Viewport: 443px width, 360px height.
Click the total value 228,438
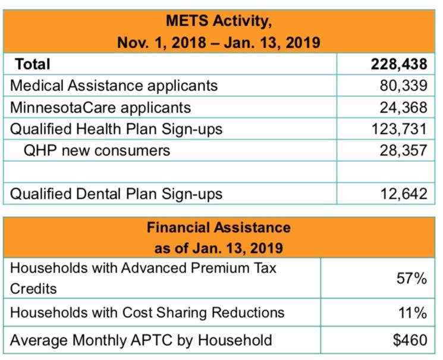coord(398,64)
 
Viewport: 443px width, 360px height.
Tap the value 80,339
coord(403,86)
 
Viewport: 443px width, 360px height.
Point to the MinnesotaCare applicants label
coord(101,107)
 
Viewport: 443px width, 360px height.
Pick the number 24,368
coord(403,107)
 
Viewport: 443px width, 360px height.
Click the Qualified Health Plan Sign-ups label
coord(117,129)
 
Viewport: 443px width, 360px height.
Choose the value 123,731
coord(398,129)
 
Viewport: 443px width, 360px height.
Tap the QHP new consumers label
coord(97,150)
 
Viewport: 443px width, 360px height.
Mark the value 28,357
coord(403,150)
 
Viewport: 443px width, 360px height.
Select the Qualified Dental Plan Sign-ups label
coord(117,193)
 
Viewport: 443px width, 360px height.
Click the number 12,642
coord(403,193)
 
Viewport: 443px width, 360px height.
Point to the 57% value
coord(412,278)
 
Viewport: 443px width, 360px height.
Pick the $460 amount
coord(410,340)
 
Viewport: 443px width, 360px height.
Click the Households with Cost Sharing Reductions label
coord(147,312)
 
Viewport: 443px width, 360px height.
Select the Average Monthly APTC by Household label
coord(142,340)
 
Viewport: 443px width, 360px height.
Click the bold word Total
coord(33,64)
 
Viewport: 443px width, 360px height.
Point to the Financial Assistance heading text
coord(219,227)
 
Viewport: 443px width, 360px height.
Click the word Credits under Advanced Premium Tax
coord(34,289)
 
